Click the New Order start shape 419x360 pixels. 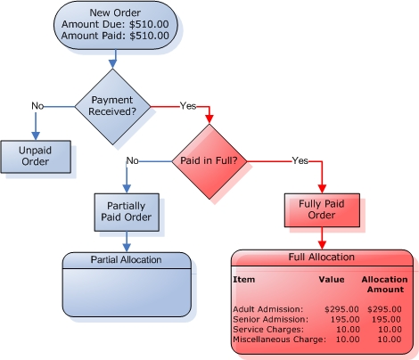[116, 24]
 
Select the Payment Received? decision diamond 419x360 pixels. [112, 107]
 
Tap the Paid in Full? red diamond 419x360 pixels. [209, 161]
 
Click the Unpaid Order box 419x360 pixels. [36, 157]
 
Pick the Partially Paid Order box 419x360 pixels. [127, 212]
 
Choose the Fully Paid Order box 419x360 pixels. [322, 210]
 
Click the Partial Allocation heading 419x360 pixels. [126, 260]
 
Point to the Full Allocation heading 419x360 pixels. [322, 257]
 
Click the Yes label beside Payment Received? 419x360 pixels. [188, 106]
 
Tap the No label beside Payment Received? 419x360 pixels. [37, 106]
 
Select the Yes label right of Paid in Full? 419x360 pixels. [300, 160]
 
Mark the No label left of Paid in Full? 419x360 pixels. [133, 160]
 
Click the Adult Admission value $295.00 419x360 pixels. [341, 309]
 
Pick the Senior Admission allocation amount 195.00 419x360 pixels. [386, 320]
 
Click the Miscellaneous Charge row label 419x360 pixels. [279, 340]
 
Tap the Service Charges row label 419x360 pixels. [268, 330]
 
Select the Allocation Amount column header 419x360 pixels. [385, 284]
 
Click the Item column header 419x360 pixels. [244, 280]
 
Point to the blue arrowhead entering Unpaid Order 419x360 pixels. [36, 135]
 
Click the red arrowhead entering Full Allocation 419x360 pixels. [322, 245]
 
